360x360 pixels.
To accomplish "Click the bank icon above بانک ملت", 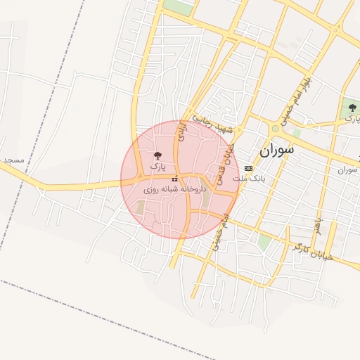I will [248, 169].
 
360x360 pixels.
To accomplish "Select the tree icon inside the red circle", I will [157, 156].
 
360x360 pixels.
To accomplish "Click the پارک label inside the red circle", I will [157, 168].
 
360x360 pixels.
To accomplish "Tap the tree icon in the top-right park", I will [352, 108].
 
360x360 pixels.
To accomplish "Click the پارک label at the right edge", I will [351, 120].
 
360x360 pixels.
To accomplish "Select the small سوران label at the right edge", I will [348, 169].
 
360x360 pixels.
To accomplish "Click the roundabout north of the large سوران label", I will [275, 129].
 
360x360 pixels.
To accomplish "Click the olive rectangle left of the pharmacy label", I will [140, 209].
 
